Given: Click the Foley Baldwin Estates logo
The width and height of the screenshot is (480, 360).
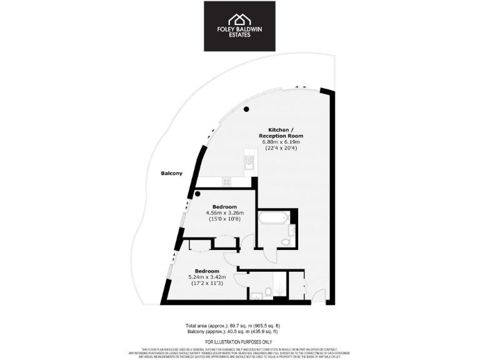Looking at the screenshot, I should (239, 26).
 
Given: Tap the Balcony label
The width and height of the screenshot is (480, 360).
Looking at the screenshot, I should (171, 173).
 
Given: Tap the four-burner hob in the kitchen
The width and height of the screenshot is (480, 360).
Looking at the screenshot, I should (226, 182).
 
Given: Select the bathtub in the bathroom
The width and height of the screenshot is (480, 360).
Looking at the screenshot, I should (272, 219).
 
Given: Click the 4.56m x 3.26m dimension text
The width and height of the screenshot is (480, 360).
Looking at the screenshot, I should (224, 213).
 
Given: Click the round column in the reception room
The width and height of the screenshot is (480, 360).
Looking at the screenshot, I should (247, 109).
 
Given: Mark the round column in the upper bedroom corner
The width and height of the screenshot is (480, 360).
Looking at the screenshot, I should (197, 194).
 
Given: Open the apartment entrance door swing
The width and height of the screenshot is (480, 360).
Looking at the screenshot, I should (318, 294).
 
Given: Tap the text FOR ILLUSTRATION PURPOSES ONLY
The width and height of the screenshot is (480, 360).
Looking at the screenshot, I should (239, 342).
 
